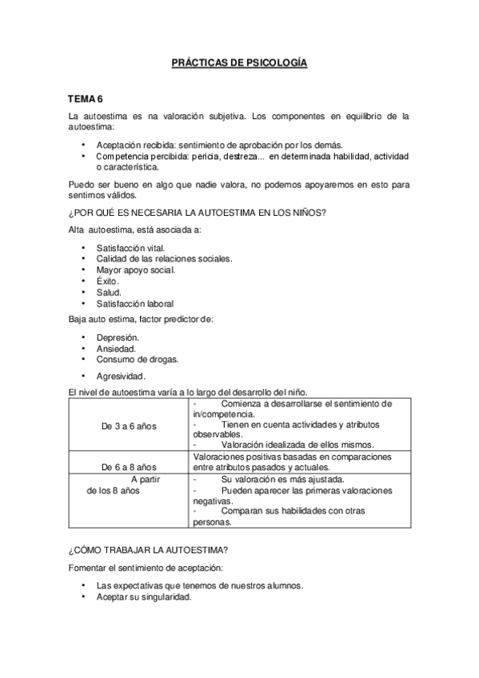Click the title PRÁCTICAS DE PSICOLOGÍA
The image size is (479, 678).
tap(239, 62)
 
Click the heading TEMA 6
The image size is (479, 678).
tap(86, 99)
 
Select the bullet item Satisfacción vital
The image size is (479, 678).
tap(130, 248)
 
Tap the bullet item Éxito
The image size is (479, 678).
tap(108, 281)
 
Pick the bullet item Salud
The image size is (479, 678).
tap(109, 293)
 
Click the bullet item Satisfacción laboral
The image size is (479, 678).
tap(134, 304)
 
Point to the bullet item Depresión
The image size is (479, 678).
tap(118, 337)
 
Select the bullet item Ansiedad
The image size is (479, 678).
tap(116, 349)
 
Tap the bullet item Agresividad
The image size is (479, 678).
tap(120, 376)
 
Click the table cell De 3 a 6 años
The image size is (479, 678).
tap(129, 426)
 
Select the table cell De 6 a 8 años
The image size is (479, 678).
tap(129, 466)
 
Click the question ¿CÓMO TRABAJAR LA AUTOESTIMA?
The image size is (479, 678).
tap(149, 552)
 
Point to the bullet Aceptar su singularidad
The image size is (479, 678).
tap(144, 596)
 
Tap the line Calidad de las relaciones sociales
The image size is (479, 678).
tap(164, 259)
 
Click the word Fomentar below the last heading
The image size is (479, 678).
tap(90, 568)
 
